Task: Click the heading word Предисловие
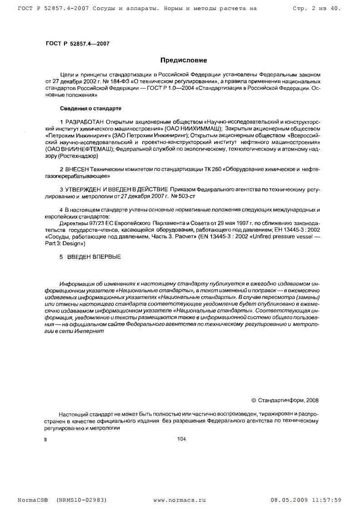184,60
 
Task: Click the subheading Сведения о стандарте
91,109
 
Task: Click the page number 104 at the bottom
182,438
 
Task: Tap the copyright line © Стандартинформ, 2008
285,400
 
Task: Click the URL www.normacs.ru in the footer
179,499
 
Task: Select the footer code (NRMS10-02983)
82,499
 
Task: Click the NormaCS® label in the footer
33,499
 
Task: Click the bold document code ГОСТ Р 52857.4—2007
77,44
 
